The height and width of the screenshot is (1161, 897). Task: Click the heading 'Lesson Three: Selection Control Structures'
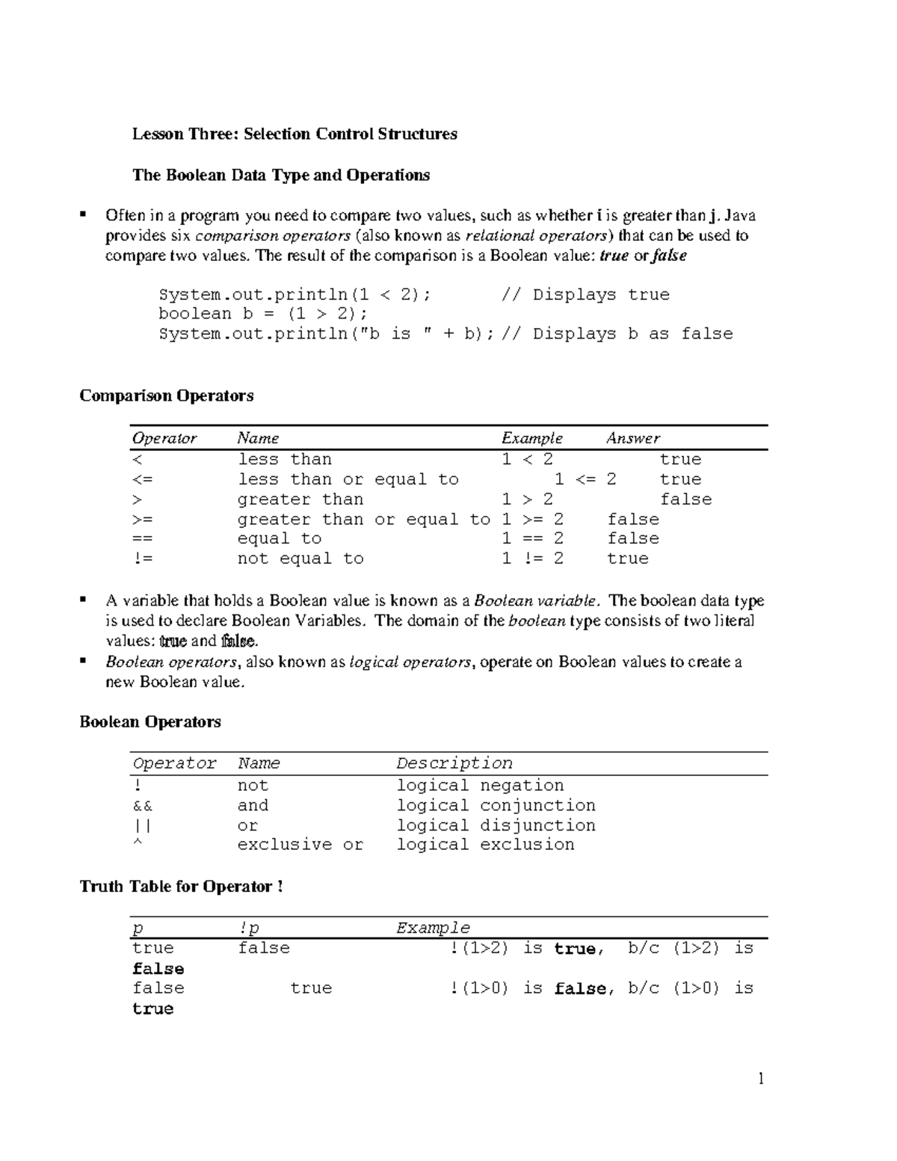coord(295,134)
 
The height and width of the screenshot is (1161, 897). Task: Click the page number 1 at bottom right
coord(761,1078)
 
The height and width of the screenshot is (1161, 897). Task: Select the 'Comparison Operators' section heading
coord(166,395)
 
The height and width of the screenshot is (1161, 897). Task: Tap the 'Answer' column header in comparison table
coord(632,438)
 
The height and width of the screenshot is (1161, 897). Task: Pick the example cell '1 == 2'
coord(532,538)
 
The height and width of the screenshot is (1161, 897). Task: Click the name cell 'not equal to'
coord(300,558)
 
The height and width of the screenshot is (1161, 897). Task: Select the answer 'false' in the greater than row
coord(685,499)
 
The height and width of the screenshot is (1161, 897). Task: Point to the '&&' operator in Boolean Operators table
coord(142,805)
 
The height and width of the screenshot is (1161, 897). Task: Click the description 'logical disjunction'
coord(496,825)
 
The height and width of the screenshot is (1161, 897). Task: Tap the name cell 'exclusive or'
coord(300,845)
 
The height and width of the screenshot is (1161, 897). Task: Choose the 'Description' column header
coord(454,763)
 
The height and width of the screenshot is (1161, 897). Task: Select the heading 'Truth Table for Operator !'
coord(181,887)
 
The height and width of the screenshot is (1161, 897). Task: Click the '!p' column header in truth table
coord(249,929)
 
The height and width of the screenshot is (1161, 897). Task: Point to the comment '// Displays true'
coord(585,295)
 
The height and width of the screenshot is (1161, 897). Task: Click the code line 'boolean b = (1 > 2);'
coord(263,314)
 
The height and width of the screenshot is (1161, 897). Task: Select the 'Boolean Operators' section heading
coord(150,721)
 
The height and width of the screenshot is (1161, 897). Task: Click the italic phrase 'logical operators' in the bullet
coord(410,662)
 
